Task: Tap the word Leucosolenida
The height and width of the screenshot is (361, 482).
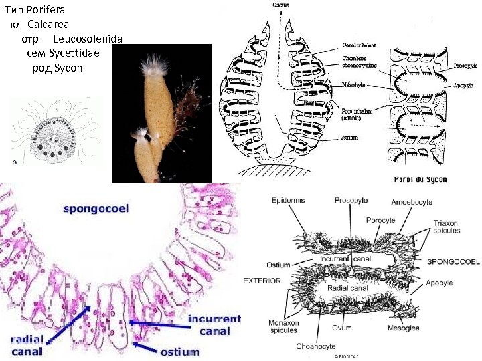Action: (87, 39)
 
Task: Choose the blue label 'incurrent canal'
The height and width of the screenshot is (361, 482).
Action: (214, 324)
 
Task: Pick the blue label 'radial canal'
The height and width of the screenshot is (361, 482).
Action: (27, 345)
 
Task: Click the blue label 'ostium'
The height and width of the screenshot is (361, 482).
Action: (180, 351)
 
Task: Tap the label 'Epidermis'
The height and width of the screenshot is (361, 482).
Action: (289, 200)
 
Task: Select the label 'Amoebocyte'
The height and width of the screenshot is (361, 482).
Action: (413, 200)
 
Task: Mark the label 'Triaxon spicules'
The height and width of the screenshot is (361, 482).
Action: (447, 227)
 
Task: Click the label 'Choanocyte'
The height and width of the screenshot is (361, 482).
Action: (317, 346)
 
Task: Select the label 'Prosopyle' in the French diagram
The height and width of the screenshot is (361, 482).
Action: (466, 66)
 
